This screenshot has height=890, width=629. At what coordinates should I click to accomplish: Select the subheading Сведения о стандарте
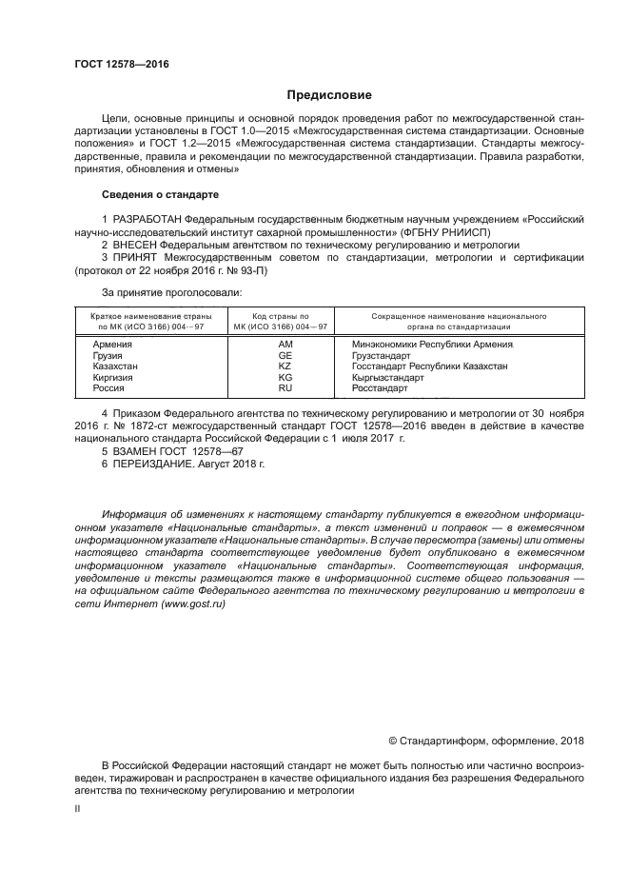click(x=161, y=194)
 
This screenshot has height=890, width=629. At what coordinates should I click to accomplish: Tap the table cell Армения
click(x=112, y=343)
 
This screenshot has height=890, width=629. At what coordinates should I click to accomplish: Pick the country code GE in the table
click(x=285, y=354)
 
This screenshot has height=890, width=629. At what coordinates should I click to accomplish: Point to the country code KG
click(x=285, y=377)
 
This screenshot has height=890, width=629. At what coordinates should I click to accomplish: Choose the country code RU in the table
click(x=285, y=388)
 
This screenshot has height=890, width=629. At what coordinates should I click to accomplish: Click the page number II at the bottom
click(x=77, y=807)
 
